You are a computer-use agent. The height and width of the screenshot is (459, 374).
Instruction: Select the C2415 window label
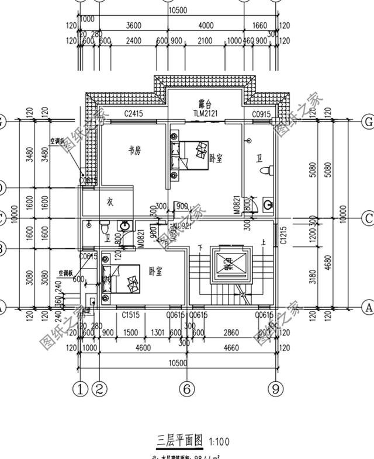[x=133, y=114]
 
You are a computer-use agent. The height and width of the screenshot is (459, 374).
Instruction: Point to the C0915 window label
[x=261, y=114]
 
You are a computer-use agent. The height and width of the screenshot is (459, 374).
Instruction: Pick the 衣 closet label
[x=109, y=202]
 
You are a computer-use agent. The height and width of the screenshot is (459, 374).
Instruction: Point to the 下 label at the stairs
[x=200, y=246]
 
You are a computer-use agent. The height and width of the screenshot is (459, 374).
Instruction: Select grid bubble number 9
[x=274, y=388]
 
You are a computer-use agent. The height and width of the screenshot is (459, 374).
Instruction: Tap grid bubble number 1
[x=81, y=388]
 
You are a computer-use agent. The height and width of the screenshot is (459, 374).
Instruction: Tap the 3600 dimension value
[x=134, y=26]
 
